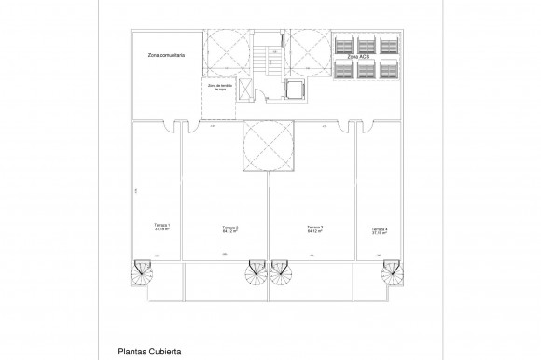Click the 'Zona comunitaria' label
(x=166, y=56)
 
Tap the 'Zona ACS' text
(x=357, y=57)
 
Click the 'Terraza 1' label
(x=161, y=227)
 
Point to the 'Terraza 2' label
(x=229, y=229)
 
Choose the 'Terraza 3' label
(x=315, y=228)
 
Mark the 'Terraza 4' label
(x=379, y=230)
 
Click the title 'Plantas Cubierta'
(x=149, y=352)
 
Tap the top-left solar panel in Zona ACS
(x=343, y=43)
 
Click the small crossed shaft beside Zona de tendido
(x=243, y=89)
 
